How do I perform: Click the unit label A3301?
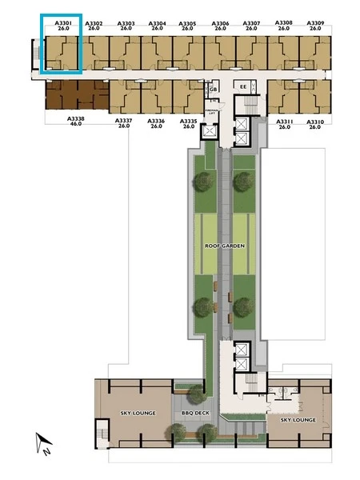[x=62, y=24]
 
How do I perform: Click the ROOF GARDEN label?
[x=223, y=246]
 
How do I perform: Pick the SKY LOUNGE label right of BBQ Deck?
[x=298, y=419]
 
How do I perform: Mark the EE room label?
[x=242, y=86]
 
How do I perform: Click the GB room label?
[x=213, y=89]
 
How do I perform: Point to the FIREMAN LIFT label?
[x=211, y=113]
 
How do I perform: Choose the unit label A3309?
[x=315, y=23]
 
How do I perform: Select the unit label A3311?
[x=284, y=121]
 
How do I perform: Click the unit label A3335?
[x=188, y=121]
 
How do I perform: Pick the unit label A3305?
[x=188, y=24]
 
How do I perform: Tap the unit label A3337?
[x=123, y=121]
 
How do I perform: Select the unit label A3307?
[x=251, y=24]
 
